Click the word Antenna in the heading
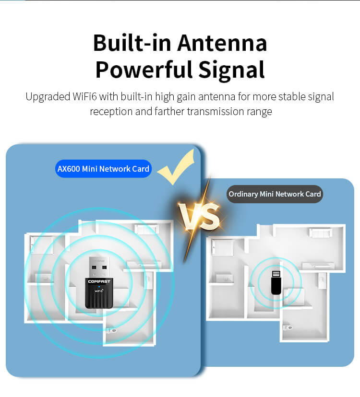click(222, 43)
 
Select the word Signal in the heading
click(232, 70)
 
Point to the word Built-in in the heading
click(132, 43)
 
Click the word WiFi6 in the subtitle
click(84, 96)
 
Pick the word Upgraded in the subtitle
click(48, 97)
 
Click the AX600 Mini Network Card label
click(103, 169)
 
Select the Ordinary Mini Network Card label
click(275, 194)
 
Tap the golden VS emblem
click(199, 217)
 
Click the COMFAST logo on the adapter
click(99, 281)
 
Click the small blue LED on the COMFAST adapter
click(99, 287)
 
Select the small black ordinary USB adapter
click(276, 282)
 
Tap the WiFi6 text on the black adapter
click(99, 291)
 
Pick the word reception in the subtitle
click(111, 112)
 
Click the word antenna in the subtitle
click(217, 97)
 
